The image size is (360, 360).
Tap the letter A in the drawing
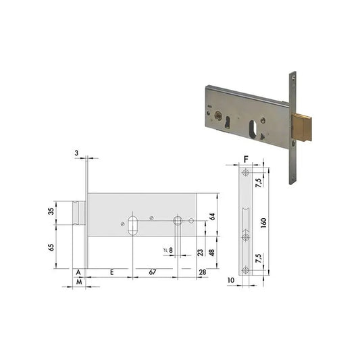coord(79,272)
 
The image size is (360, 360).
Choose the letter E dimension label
coord(111,272)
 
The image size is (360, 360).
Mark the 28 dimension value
coord(202,272)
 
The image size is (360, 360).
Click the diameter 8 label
coord(169,251)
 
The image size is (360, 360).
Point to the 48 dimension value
coord(211,252)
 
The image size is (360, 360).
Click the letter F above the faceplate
coord(247,160)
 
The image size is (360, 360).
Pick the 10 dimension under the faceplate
coord(231,279)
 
